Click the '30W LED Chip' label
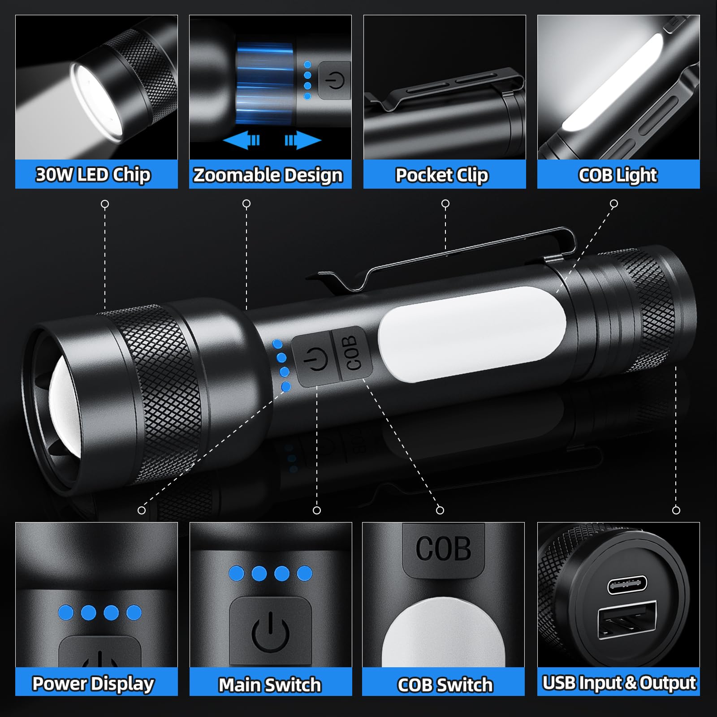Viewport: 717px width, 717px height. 93,175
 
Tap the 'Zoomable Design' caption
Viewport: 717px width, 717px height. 268,175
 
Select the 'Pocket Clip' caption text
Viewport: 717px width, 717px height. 442,175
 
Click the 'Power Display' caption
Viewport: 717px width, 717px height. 93,684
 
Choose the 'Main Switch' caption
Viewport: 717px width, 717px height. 270,685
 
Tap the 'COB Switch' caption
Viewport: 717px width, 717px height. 445,685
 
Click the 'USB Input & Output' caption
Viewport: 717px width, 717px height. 619,683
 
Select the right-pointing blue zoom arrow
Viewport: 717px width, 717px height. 303,140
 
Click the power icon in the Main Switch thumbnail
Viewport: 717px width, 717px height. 270,632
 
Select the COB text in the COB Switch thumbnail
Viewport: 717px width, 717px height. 443,548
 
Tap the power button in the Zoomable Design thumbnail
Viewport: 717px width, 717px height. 335,81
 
